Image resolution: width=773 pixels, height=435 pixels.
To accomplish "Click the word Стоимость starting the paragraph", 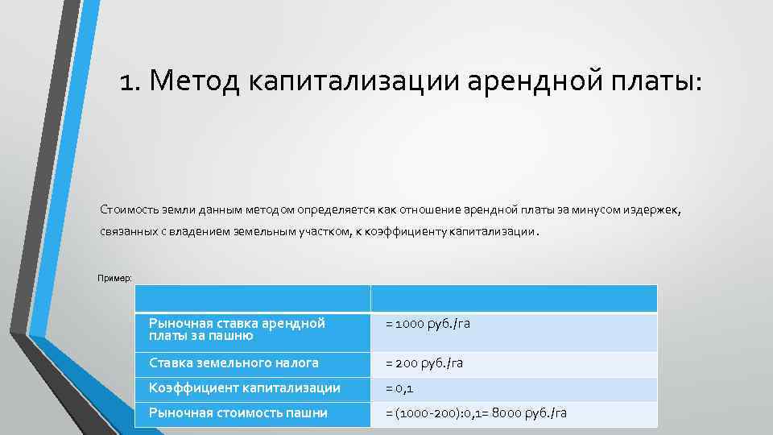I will click(x=127, y=210).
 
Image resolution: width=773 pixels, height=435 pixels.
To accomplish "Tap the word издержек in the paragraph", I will click(x=652, y=210).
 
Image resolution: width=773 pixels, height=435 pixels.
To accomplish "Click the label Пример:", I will click(x=114, y=278).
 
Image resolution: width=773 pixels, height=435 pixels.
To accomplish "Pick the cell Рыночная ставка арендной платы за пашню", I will click(x=238, y=329).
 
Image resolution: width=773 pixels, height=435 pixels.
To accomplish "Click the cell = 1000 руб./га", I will click(x=427, y=324).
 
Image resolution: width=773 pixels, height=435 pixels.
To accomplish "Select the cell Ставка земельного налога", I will click(x=234, y=363).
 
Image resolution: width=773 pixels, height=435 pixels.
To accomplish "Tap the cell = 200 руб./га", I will click(x=424, y=363).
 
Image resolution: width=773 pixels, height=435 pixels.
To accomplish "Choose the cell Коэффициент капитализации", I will click(x=244, y=388).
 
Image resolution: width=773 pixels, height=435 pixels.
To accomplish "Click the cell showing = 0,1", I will click(x=399, y=388).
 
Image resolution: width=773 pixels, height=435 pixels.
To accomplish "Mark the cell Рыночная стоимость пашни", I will click(x=238, y=413).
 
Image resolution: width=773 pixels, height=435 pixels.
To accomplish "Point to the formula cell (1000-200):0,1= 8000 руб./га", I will click(x=476, y=413).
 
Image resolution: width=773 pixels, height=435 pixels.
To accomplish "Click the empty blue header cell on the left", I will click(x=252, y=298).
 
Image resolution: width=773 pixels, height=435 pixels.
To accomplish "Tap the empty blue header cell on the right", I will click(x=514, y=298).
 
